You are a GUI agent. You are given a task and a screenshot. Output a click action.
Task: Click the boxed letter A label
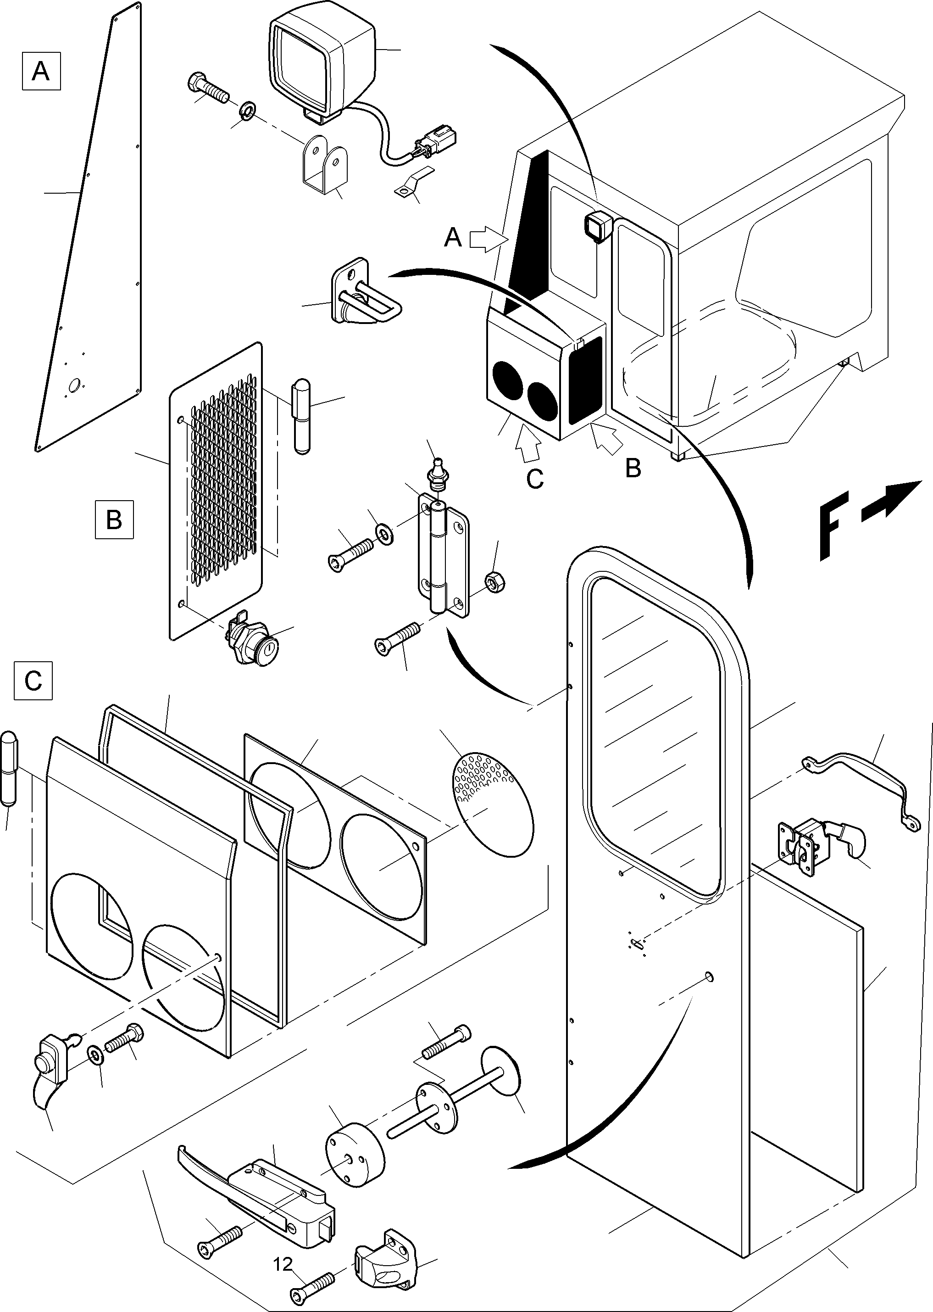(x=41, y=71)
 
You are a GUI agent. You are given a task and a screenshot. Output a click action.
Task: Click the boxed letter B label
(x=114, y=519)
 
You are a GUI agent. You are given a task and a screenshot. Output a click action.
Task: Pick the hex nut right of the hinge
(x=494, y=583)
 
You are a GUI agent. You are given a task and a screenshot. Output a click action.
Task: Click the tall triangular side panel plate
(x=92, y=241)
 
